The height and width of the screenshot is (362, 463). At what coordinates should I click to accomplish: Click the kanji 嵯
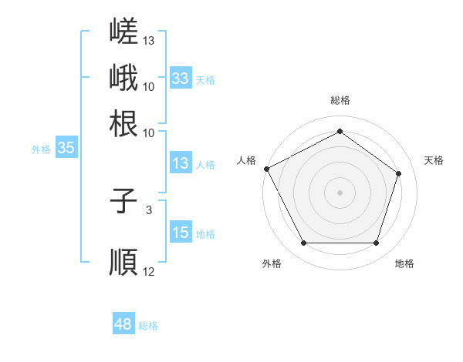(123, 31)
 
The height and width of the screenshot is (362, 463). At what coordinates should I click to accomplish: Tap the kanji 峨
(123, 77)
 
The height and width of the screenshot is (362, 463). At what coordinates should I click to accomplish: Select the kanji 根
(123, 123)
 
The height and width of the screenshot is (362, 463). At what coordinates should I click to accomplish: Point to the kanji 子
(123, 201)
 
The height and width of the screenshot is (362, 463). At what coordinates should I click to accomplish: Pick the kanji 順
(123, 262)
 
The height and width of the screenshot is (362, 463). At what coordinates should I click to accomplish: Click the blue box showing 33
(181, 78)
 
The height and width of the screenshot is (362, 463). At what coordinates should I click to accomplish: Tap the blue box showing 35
(66, 147)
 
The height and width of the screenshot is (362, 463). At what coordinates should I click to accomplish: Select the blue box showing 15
(181, 231)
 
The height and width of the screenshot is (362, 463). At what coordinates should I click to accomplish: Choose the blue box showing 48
(123, 323)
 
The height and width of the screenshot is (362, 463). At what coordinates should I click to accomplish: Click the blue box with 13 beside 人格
(181, 163)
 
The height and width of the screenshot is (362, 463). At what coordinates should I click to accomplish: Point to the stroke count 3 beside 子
(149, 210)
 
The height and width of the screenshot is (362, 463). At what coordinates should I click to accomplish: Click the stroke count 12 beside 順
(148, 271)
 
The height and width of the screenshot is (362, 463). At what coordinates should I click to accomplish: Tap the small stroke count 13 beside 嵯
(148, 40)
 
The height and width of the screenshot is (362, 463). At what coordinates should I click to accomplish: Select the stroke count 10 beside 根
(148, 133)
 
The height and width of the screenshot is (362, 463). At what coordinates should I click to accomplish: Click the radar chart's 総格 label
(340, 100)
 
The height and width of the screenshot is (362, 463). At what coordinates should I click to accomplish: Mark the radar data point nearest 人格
(267, 169)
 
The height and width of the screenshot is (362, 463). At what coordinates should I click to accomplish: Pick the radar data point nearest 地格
(376, 243)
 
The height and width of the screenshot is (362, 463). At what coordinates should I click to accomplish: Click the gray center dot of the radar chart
(340, 193)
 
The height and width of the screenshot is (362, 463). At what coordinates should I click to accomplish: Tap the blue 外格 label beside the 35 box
(41, 149)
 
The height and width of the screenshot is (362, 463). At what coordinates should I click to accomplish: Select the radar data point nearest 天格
(398, 173)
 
